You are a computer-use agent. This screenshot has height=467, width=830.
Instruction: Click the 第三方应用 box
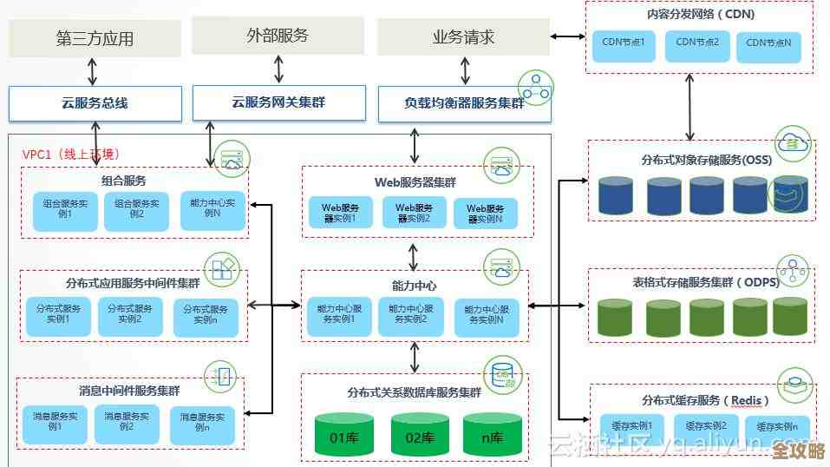95,38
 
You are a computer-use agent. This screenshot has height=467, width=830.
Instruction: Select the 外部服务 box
278,36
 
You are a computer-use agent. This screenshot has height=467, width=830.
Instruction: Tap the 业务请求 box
463,37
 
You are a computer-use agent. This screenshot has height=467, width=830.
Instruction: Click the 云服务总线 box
95,103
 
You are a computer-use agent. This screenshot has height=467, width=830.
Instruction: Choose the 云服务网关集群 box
278,102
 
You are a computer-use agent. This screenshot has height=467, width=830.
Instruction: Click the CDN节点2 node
697,45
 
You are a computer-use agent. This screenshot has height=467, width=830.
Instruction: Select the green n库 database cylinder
492,436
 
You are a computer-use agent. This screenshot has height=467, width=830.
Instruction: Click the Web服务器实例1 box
340,214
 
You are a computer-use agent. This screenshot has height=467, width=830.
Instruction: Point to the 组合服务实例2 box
136,209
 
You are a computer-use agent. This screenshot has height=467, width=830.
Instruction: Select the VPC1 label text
69,154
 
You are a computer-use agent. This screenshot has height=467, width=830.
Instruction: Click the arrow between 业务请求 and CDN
568,37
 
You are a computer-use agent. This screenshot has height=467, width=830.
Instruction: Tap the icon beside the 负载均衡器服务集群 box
535,89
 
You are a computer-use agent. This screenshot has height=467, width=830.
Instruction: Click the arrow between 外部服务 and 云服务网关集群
278,69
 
